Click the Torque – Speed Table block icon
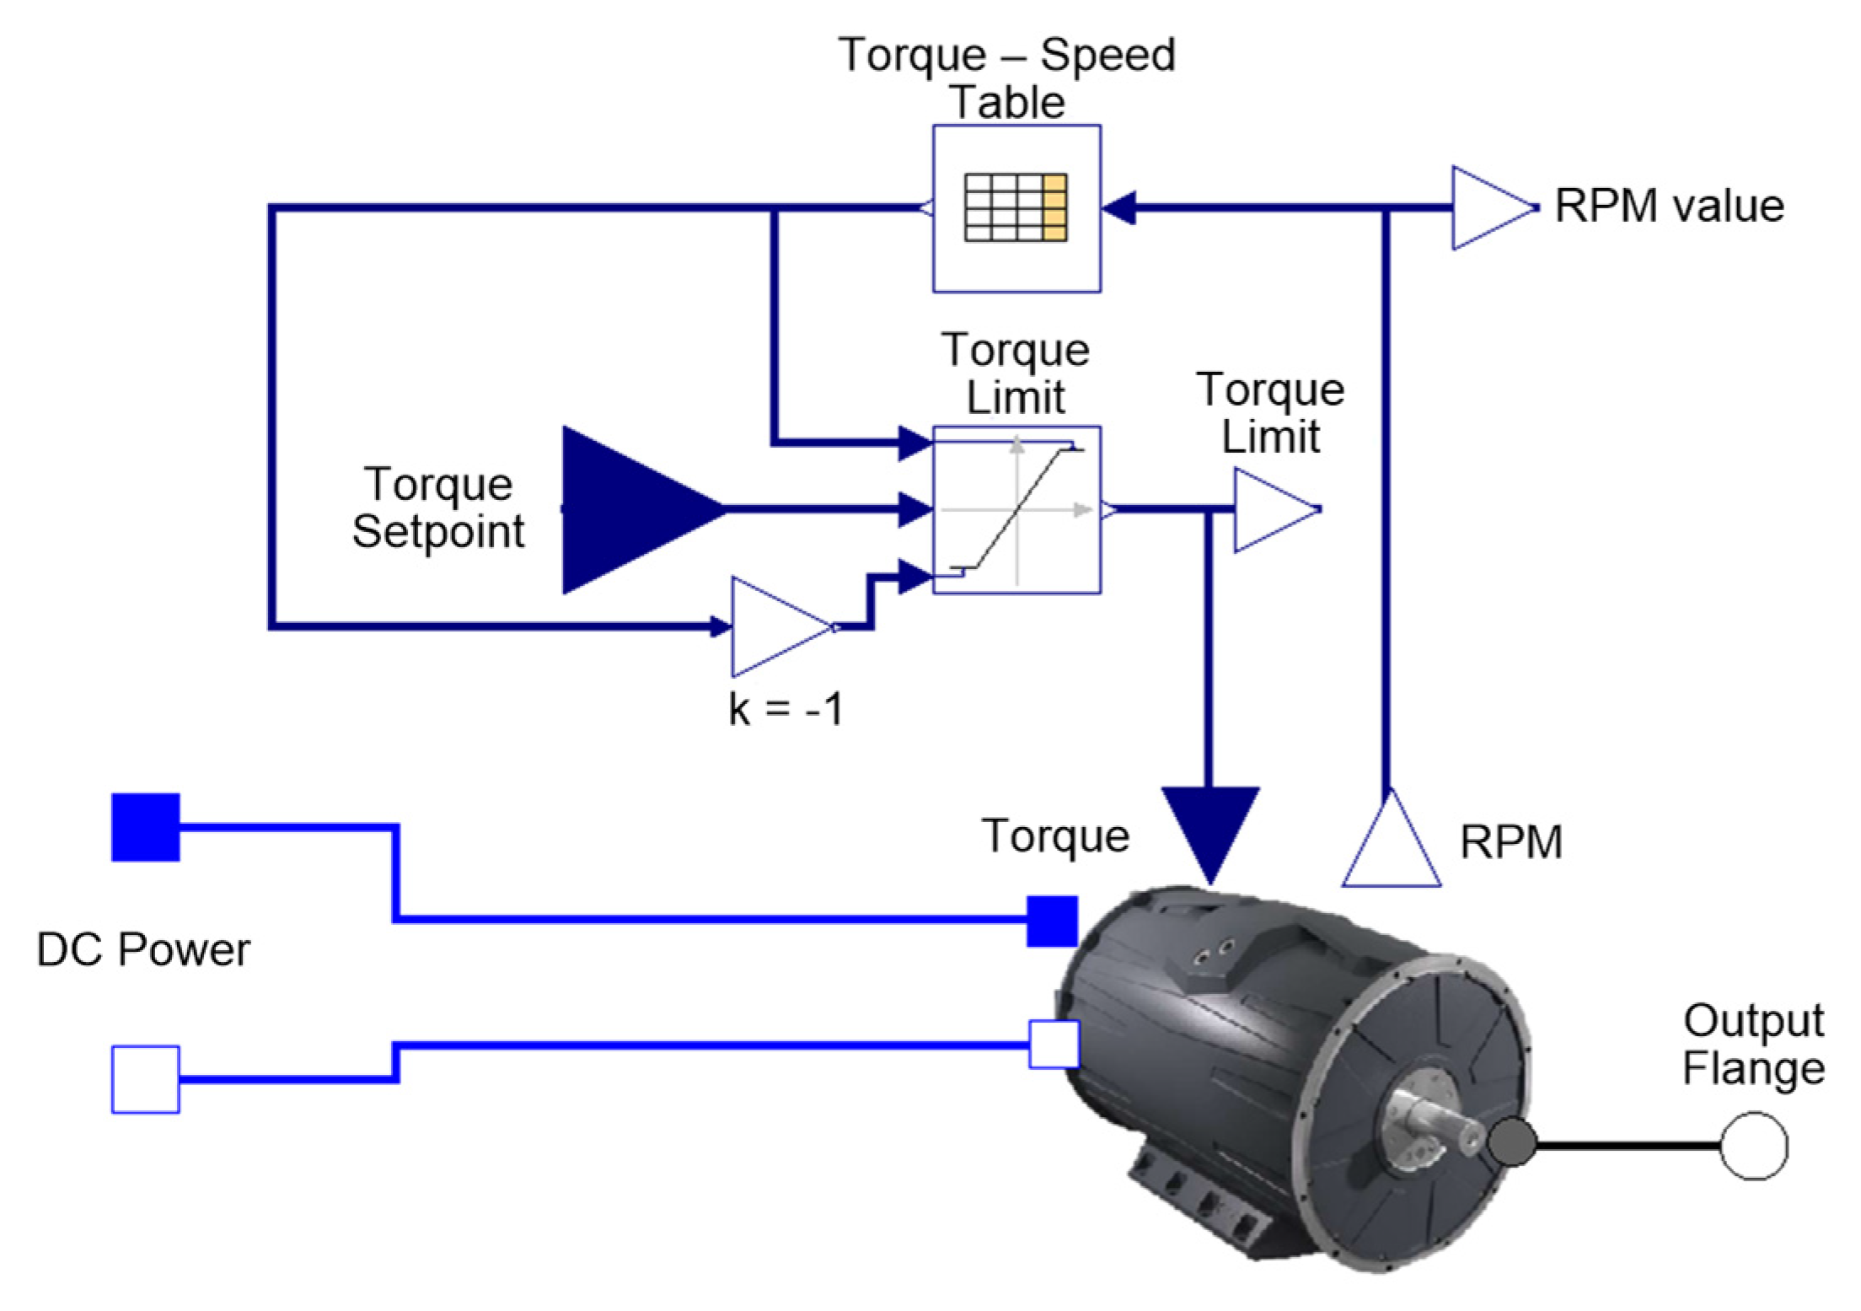(1016, 208)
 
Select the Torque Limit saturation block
(1016, 509)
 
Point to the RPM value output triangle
(1487, 207)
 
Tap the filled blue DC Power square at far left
(146, 827)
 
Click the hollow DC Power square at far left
(146, 1079)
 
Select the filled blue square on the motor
(1052, 921)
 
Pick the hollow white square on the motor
(1054, 1044)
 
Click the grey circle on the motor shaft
(1512, 1142)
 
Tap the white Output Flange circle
(1753, 1146)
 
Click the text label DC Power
(143, 949)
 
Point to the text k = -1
(786, 708)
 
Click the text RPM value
(1669, 206)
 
